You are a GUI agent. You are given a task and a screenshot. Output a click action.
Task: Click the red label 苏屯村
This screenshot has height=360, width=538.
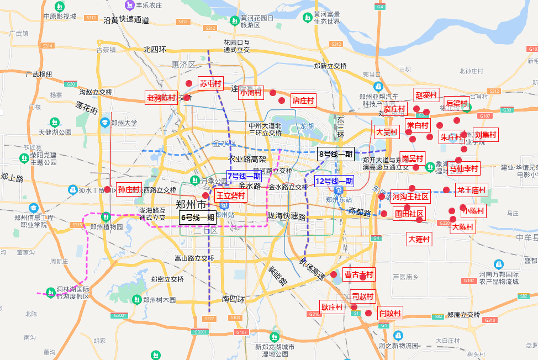tap(210, 83)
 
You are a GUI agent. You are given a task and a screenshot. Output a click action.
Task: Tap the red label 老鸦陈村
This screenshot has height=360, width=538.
tap(161, 98)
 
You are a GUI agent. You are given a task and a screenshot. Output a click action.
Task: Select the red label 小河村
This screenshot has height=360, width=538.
tap(250, 93)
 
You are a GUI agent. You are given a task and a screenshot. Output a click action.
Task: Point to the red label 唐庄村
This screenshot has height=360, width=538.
tap(303, 100)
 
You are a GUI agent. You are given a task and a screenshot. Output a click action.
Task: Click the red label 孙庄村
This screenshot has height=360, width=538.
tap(129, 188)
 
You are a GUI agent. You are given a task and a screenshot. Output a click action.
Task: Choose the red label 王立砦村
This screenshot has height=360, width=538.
tap(230, 195)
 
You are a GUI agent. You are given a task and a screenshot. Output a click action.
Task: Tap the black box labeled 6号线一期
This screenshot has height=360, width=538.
tap(197, 217)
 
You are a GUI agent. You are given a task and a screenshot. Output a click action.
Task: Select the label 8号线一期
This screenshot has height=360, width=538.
tap(336, 154)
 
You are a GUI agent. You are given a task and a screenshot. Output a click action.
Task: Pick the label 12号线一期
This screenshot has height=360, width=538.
tap(334, 181)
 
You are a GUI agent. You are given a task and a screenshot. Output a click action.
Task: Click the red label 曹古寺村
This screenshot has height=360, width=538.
tap(358, 274)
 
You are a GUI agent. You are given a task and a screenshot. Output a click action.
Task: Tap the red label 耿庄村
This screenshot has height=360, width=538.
tap(332, 307)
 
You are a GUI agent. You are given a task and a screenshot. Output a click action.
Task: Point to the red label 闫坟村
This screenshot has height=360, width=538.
tap(390, 314)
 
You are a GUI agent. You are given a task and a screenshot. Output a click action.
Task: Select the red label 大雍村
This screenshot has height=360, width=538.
tap(419, 240)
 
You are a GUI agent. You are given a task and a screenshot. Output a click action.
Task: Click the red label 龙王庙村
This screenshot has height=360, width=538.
tap(471, 190)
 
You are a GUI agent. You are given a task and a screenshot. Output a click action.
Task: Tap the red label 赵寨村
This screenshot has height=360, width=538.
tap(426, 95)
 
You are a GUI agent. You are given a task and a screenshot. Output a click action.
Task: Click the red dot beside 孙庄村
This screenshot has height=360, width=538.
tap(107, 190)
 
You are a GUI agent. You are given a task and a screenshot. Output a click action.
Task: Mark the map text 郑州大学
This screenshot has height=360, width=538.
tap(124, 123)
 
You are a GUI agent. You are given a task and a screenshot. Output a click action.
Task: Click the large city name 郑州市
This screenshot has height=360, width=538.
tap(191, 204)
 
